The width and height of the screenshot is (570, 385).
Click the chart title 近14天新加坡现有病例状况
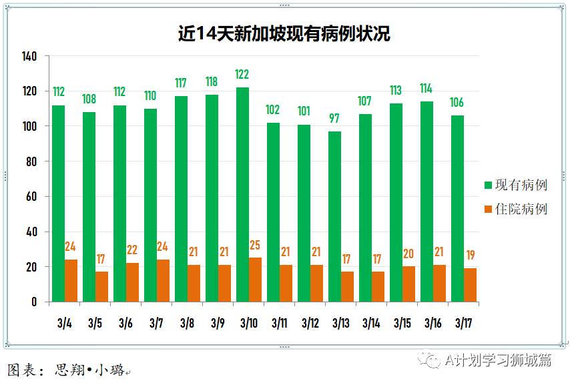tap(284, 33)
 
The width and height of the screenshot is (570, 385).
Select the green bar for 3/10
tap(242, 194)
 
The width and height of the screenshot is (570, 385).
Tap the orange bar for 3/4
tap(71, 281)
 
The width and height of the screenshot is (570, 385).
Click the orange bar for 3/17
tap(470, 285)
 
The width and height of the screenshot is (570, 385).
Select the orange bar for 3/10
tap(256, 280)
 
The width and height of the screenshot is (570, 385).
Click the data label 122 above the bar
tap(242, 74)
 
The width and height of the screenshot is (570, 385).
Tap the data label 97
tap(334, 118)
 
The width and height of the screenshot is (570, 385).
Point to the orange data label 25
tap(256, 246)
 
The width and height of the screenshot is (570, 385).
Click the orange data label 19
tap(470, 256)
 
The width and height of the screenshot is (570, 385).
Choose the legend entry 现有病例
tap(516, 185)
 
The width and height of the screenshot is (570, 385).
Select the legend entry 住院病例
tap(516, 209)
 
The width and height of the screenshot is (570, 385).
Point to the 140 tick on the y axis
tap(29, 56)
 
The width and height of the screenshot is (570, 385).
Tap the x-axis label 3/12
tap(310, 324)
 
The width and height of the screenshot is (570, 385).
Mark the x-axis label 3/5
tap(95, 324)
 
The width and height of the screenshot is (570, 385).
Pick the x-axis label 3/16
tap(433, 324)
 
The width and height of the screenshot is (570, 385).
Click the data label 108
tap(89, 99)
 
